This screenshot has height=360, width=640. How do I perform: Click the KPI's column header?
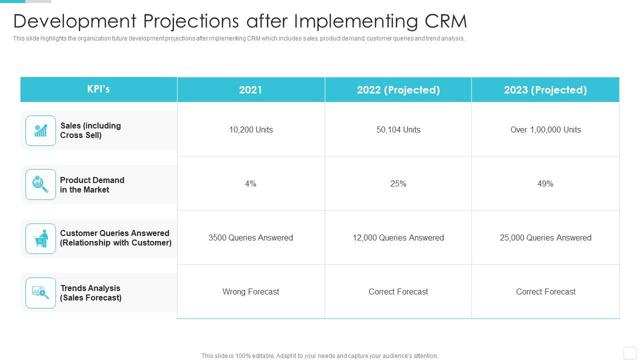(98, 89)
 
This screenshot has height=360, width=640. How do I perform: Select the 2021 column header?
(250, 90)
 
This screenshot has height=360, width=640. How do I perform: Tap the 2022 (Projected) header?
(398, 90)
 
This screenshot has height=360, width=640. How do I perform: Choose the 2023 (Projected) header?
(545, 90)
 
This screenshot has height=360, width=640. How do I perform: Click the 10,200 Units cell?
(250, 130)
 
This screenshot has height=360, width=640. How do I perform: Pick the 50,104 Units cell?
(398, 130)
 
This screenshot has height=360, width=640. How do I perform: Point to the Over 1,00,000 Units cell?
(545, 130)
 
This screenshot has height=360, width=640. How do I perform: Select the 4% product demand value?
(250, 184)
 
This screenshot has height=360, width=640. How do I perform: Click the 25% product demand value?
(398, 184)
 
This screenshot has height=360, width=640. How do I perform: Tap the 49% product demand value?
(545, 184)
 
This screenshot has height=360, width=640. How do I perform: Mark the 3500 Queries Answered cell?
(250, 238)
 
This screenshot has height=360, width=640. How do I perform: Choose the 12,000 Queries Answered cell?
(398, 238)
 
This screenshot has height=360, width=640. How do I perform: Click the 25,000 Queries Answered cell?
(545, 238)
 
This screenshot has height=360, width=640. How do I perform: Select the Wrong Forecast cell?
(250, 292)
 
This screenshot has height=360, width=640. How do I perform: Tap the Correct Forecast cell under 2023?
(545, 292)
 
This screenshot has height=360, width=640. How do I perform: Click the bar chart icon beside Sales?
(40, 131)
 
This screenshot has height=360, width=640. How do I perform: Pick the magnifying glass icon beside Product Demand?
(40, 184)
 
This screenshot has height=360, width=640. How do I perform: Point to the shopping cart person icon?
(40, 238)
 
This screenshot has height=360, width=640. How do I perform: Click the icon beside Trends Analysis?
(40, 292)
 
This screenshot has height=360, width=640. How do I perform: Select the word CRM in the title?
(445, 21)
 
